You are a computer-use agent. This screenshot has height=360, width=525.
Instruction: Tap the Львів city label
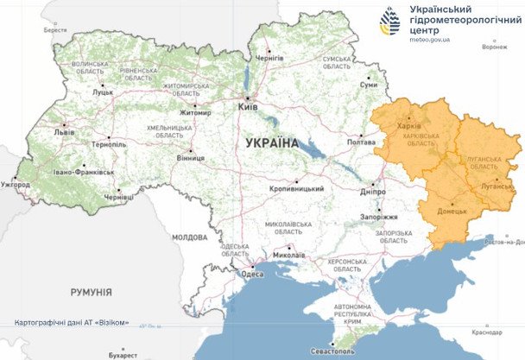(65, 132)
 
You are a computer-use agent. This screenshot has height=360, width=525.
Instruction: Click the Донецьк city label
(451, 210)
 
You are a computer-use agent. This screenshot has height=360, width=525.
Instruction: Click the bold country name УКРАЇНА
(272, 142)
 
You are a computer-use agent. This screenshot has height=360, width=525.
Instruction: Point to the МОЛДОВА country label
(189, 237)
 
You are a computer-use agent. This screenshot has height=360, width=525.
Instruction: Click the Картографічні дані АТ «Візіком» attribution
(73, 322)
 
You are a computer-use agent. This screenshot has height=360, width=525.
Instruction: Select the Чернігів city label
(270, 57)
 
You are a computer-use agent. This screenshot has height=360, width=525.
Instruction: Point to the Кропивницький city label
(294, 189)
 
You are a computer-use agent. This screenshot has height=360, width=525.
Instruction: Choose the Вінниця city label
(190, 159)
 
